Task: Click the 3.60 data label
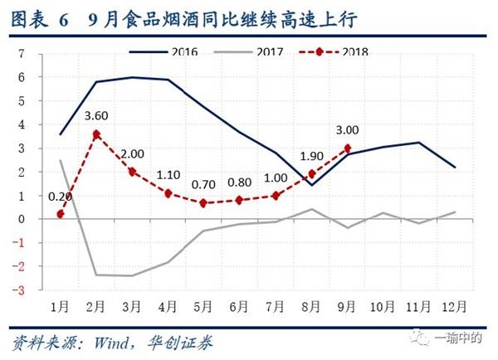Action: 98,117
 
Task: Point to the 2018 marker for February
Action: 97,134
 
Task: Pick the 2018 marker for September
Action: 347,148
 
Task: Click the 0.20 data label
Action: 59,197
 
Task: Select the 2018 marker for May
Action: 204,203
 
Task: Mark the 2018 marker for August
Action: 311,174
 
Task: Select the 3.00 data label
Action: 346,130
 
